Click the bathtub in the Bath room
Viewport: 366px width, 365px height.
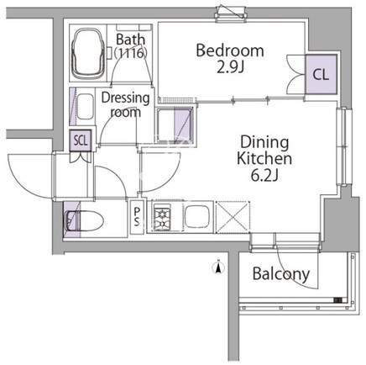click(x=88, y=53)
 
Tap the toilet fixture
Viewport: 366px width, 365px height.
click(x=83, y=220)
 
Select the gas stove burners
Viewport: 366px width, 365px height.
click(x=162, y=217)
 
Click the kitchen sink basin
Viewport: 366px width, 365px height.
click(x=197, y=217)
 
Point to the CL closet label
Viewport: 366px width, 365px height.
click(x=321, y=75)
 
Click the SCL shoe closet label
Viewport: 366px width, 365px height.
click(x=81, y=140)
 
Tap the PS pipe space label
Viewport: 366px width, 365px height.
click(x=137, y=217)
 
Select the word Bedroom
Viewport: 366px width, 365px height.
click(x=230, y=50)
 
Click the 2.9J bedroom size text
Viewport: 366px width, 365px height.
click(x=231, y=66)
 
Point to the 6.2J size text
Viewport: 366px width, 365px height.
click(x=264, y=176)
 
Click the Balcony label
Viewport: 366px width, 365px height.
click(x=281, y=273)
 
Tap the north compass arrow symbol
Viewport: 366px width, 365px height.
click(x=218, y=267)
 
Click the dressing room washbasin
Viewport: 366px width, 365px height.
click(x=85, y=107)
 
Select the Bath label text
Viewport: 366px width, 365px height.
click(x=131, y=40)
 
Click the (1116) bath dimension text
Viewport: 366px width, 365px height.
click(x=131, y=53)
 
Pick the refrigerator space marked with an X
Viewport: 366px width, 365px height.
click(x=233, y=217)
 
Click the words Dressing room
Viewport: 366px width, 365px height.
click(x=125, y=105)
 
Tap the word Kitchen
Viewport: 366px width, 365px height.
click(x=264, y=158)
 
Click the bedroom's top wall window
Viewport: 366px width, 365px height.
click(x=232, y=13)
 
